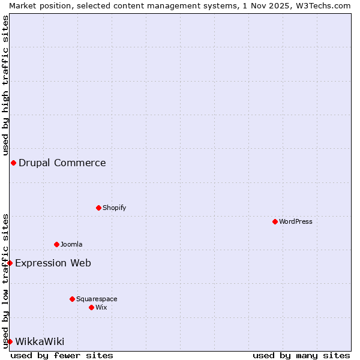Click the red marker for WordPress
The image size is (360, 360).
275,221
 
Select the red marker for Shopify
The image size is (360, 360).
98,208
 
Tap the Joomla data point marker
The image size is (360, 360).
56,244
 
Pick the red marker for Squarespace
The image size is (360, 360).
72,299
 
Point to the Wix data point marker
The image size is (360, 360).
91,307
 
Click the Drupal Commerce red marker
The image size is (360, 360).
13,163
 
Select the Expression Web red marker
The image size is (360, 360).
10,263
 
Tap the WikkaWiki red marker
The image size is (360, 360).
10,341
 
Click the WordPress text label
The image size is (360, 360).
296,221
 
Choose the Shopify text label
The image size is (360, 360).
115,208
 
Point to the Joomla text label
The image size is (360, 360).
71,244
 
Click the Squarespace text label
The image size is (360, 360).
97,299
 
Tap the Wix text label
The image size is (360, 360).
101,307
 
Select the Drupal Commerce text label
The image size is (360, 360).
62,163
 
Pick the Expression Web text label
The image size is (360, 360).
53,263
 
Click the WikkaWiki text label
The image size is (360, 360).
40,341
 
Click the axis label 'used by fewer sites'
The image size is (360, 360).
62,355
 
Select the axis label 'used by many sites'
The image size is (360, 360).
301,355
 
